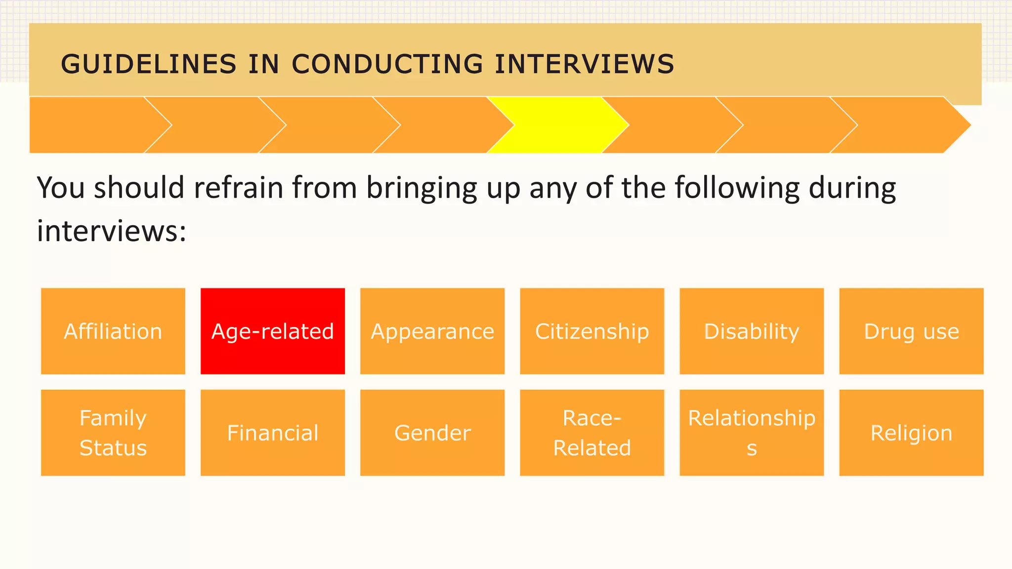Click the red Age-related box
(273, 331)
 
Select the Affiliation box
(113, 331)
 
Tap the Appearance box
(432, 331)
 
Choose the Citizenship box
(592, 331)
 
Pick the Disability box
(752, 331)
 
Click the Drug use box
(911, 331)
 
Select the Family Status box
(113, 433)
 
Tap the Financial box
(273, 433)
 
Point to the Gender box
(432, 433)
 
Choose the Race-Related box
(592, 433)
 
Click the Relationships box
(752, 433)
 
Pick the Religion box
(911, 433)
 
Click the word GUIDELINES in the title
(148, 64)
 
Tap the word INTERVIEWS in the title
(585, 64)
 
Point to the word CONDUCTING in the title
(387, 64)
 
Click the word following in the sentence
(737, 189)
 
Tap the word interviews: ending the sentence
(112, 231)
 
